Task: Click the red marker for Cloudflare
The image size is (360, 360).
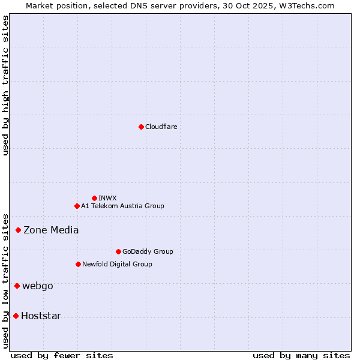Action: [x=141, y=127]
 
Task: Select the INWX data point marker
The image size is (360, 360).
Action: [x=94, y=198]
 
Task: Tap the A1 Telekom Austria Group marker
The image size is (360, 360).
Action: [x=77, y=206]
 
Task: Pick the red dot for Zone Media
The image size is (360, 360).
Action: [x=19, y=230]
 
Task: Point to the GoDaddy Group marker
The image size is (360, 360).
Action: [x=118, y=251]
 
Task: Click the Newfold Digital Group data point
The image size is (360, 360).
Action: [x=78, y=264]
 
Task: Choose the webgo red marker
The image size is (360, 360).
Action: [x=17, y=286]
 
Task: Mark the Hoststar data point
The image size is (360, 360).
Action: [x=16, y=316]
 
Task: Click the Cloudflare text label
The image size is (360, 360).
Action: [x=161, y=127]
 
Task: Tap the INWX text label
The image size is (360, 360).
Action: [x=107, y=198]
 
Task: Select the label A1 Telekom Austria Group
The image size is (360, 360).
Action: [x=122, y=206]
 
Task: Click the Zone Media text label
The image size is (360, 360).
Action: [x=51, y=230]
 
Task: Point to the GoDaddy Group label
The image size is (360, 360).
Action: [x=148, y=251]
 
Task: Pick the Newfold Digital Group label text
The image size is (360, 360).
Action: [x=117, y=264]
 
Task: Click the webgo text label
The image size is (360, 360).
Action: [x=37, y=286]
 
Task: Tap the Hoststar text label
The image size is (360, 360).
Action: [x=41, y=316]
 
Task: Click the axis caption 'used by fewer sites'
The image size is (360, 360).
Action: [x=62, y=356]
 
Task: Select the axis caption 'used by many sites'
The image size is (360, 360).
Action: [x=301, y=356]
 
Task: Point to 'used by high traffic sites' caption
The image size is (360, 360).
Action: [x=5, y=85]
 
